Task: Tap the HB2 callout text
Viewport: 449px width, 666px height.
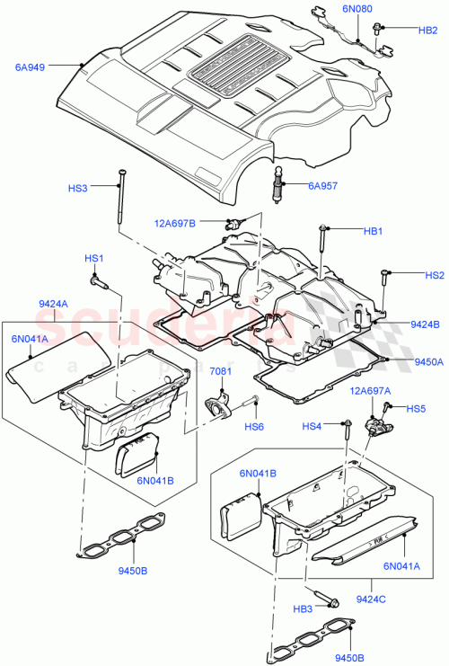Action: coord(427,30)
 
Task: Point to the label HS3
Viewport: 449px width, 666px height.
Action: coord(79,189)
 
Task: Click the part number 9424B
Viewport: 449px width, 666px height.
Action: coord(425,324)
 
